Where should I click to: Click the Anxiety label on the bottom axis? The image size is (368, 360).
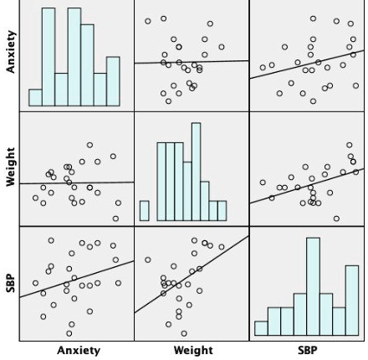[x=78, y=351]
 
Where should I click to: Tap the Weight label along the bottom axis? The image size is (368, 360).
[x=192, y=351]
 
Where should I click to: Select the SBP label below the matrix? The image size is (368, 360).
[x=307, y=351]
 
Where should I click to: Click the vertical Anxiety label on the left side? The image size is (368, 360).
[x=10, y=54]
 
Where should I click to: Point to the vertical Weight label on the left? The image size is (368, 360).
[x=10, y=168]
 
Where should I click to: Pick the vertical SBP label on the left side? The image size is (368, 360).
[x=10, y=283]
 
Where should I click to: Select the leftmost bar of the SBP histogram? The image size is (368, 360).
[x=262, y=327]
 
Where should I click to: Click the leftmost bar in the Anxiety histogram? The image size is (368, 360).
[x=35, y=97]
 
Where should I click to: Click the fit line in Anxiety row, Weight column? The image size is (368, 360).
[x=192, y=61]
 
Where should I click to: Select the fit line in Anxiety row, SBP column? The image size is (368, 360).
[x=306, y=66]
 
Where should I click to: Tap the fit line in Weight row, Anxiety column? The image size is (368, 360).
[x=77, y=183]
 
